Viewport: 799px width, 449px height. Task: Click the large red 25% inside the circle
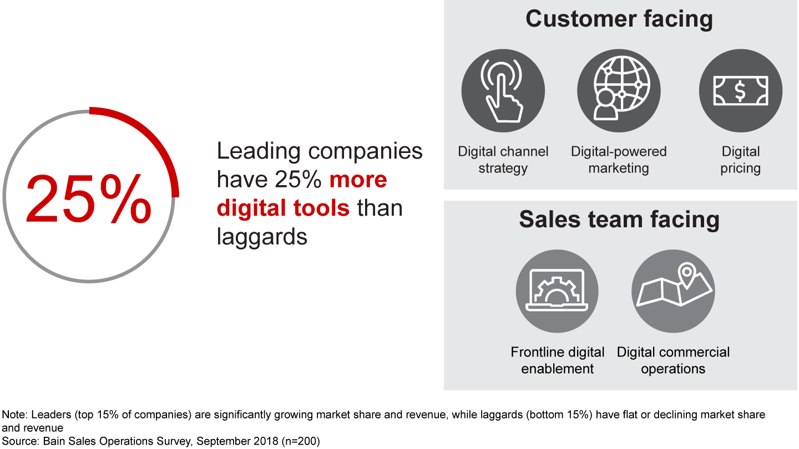[88, 199]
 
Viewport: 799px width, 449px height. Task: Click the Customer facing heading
[619, 19]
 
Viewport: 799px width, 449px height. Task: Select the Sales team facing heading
[619, 219]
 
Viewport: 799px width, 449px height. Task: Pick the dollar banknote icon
[741, 90]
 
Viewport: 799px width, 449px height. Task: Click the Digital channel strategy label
[503, 160]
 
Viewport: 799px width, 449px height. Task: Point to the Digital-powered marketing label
[619, 160]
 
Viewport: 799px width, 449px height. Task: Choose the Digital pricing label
[741, 160]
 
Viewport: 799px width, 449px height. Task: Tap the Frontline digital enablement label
[558, 360]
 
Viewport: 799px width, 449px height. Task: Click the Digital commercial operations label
[673, 360]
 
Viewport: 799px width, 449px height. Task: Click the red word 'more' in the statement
[358, 180]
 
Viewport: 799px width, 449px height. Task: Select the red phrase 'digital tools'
[283, 208]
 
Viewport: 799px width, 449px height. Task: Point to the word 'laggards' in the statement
[262, 237]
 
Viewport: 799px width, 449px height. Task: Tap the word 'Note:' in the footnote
[14, 415]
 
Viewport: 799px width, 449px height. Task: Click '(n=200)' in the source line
[301, 441]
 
